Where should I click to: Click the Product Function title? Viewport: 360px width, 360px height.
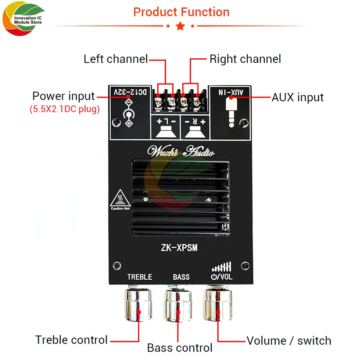pos(181,12)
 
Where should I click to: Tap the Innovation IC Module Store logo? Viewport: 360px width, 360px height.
pos(23,18)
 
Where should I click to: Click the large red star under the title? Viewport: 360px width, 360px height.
pos(180,26)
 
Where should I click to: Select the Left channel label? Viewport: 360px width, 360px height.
pos(116,59)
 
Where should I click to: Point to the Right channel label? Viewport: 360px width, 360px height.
pos(245,59)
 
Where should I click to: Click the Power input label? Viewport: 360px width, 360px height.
pos(63,96)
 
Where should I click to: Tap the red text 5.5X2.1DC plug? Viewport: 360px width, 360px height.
pos(64,109)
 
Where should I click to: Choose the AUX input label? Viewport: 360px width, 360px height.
pos(298,97)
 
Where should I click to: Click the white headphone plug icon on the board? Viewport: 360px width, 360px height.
pos(231,112)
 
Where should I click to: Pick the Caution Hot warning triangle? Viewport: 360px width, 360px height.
pos(120,199)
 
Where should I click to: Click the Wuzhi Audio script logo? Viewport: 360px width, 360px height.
pos(181,151)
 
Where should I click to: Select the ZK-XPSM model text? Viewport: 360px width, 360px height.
pos(179,248)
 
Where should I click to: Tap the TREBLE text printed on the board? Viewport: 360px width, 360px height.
pos(140,277)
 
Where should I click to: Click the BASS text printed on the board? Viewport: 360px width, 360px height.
pos(181,277)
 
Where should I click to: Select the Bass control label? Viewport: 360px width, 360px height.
pos(180,348)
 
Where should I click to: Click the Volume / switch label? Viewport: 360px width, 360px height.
pos(289,341)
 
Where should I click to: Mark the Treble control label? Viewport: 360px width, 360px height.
pos(71,340)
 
